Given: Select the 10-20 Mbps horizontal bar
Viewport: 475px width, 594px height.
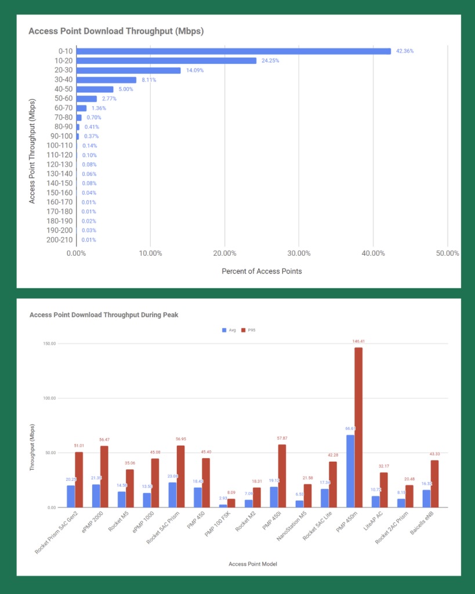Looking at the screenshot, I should (x=166, y=60).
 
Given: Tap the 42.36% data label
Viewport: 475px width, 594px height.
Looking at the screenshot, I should (x=404, y=51).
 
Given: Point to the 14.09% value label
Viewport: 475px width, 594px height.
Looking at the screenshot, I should (x=194, y=70).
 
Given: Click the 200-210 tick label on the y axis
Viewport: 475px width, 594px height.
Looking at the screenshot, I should (x=59, y=240).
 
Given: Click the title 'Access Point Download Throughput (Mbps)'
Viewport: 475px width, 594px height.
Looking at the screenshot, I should (x=116, y=30).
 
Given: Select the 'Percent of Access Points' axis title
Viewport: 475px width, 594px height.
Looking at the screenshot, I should (x=261, y=271).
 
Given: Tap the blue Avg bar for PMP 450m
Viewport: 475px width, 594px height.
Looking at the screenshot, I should (x=350, y=471).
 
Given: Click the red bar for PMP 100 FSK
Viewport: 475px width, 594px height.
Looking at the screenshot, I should (x=231, y=503).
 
